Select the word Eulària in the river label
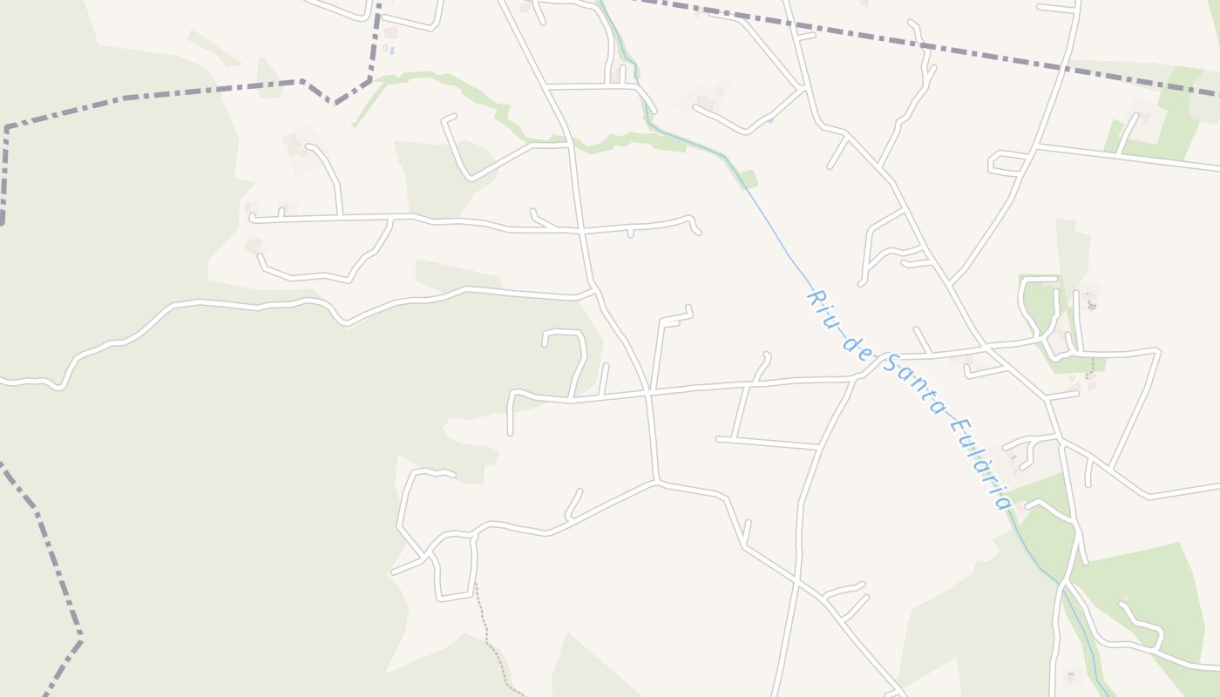click(x=979, y=463)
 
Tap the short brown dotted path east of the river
click(x=1089, y=368)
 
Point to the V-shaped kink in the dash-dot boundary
click(x=335, y=99)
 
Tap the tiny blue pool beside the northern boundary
click(x=392, y=51)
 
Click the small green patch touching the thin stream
click(x=748, y=179)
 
